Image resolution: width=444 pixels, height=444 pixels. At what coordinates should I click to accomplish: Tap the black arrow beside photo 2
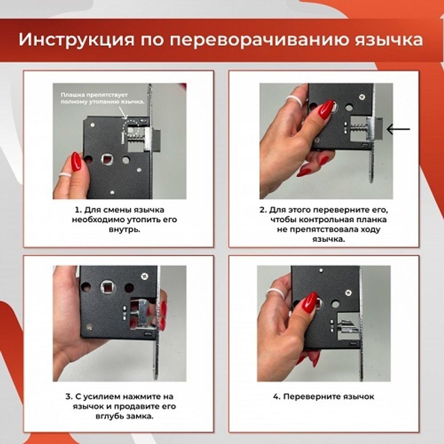coord(398,130)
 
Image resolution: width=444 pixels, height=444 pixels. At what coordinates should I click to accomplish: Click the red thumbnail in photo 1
coord(76,161)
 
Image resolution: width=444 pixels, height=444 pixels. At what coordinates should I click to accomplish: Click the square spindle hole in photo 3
coord(108,285)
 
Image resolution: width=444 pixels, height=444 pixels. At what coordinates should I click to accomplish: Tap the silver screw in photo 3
coord(144,276)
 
